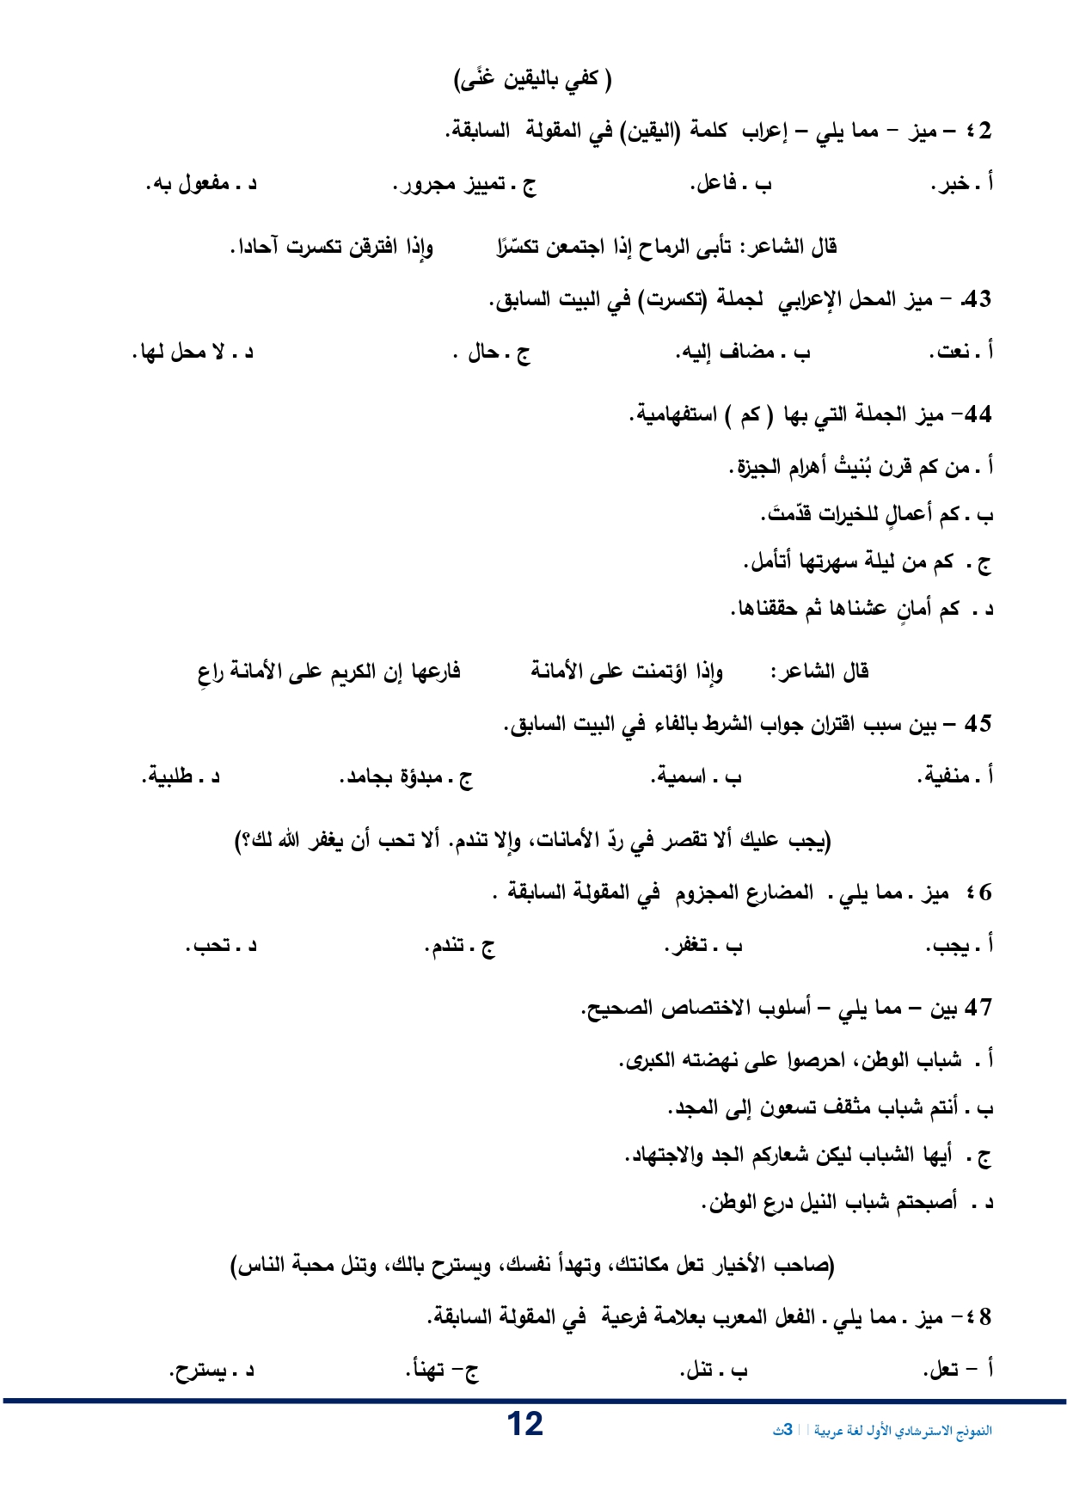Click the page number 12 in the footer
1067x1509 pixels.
[524, 1425]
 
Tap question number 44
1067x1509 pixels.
[976, 416]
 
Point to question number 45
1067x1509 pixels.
[978, 724]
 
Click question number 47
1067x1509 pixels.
[979, 1008]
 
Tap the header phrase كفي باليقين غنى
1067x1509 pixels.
[532, 80]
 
